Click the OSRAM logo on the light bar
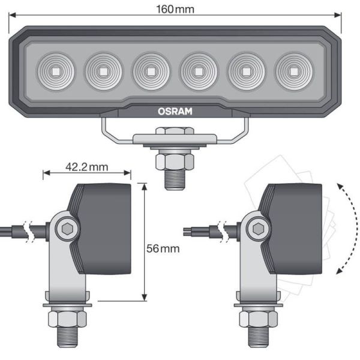pos(175,110)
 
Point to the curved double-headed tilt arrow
pos(348,229)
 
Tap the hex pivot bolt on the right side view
pos(259,229)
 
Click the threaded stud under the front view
pos(175,179)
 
